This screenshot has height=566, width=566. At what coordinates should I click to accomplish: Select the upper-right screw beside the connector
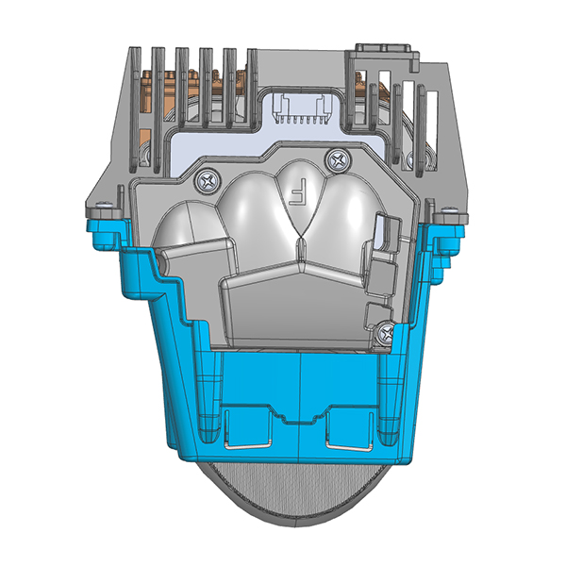(x=336, y=158)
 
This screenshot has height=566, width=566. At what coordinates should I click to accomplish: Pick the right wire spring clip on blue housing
(x=349, y=429)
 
